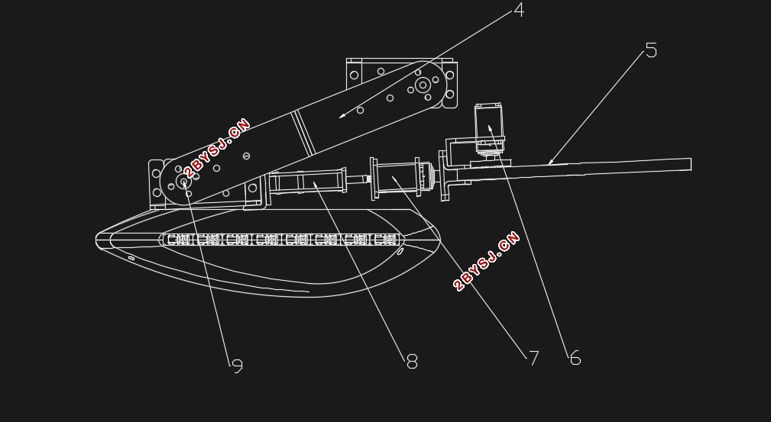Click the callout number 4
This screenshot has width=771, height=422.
[519, 10]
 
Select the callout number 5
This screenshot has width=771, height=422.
[651, 50]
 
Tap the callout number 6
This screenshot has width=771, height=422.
[575, 358]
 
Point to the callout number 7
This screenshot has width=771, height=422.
[533, 358]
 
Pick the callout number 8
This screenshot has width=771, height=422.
[412, 362]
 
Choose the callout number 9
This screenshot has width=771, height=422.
[238, 366]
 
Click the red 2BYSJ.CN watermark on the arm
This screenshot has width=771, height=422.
[217, 148]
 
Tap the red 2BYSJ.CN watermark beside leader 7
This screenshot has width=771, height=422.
[486, 261]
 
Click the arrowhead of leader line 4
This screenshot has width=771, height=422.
[342, 116]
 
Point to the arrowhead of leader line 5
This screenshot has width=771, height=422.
[551, 162]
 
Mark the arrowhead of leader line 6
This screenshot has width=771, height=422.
[490, 129]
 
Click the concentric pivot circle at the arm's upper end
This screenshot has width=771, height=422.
[423, 85]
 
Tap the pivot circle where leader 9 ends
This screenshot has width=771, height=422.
[184, 182]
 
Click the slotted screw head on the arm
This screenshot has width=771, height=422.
[246, 156]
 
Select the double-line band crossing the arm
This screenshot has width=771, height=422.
[303, 133]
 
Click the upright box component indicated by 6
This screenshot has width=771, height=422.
[489, 122]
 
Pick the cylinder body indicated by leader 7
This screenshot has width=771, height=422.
[397, 178]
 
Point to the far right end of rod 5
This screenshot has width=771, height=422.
[691, 164]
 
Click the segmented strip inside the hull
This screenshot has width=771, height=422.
[282, 240]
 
